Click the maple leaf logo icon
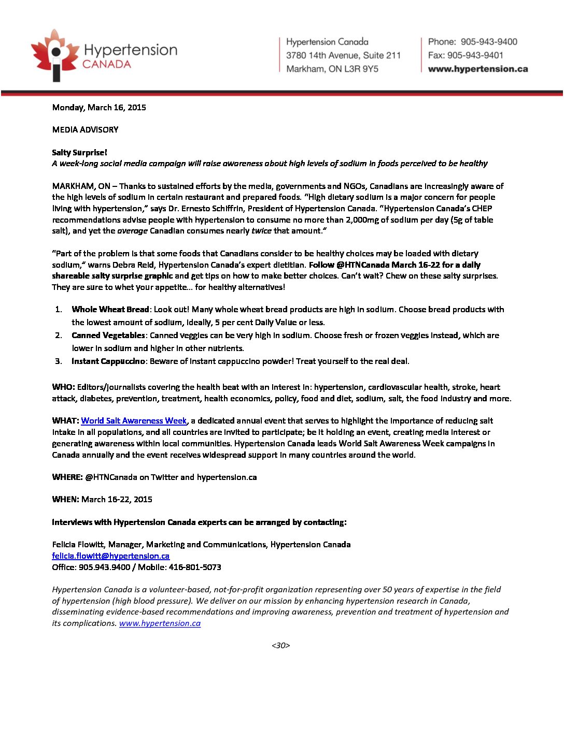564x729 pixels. pos(53,55)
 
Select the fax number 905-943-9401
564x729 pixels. pos(475,55)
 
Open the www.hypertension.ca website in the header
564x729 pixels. pos(477,69)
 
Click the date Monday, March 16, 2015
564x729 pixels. pos(99,108)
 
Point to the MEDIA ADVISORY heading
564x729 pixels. pos(85,130)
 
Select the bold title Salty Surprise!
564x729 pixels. pos(79,153)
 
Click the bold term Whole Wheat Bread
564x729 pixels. pos(110,310)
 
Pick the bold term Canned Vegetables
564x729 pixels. pos(108,336)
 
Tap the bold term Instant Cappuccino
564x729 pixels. pos(108,361)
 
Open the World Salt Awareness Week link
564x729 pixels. pos(134,421)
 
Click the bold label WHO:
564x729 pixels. pos(63,387)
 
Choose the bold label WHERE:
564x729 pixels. pos(67,477)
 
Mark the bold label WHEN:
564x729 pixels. pos(65,500)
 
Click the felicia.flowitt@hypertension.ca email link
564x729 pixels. pos(110,556)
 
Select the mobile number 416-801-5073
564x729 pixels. pos(195,567)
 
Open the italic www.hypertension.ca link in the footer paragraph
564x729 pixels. pos(160,623)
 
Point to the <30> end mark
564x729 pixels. pos(280,646)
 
